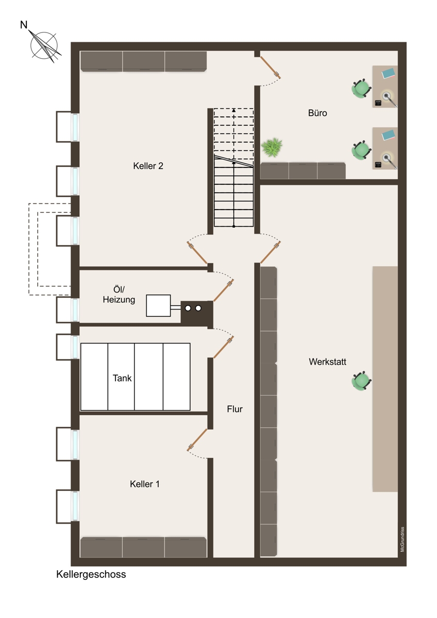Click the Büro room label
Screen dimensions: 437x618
coord(317,113)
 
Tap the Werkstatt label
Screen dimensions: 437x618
coord(327,362)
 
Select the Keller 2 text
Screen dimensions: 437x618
coord(148,166)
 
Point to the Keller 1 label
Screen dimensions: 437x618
coord(145,484)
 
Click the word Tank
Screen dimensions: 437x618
coord(122,378)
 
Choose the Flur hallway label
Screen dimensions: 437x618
coord(234,409)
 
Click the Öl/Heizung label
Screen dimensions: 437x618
coord(119,295)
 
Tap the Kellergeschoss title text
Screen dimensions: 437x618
coord(91,574)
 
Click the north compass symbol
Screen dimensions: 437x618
coord(44,46)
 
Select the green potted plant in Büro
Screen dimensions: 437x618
coord(272,147)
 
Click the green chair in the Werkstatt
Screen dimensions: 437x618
coord(361,381)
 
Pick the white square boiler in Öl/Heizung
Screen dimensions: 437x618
coord(158,305)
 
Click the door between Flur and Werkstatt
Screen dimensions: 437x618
coord(271,252)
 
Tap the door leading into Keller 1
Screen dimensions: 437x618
coord(197,440)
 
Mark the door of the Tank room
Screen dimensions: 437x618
coord(224,347)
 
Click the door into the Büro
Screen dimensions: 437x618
coord(271,67)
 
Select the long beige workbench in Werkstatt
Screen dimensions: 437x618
coord(385,379)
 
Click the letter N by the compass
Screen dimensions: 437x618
coord(24,25)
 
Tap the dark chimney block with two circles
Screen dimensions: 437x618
coord(197,312)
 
